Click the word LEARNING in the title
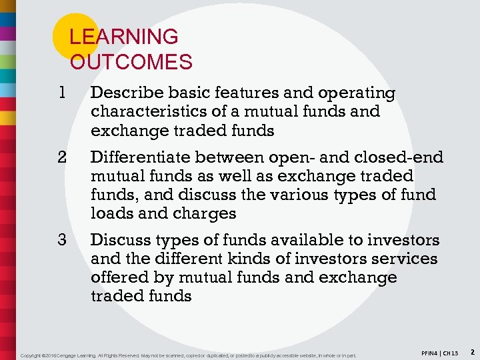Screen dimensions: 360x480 point(124,37)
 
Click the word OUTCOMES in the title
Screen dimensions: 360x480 point(131,63)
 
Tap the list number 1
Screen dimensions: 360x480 point(62,93)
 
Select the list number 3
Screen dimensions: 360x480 point(62,240)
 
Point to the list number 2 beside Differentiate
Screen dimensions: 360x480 point(62,157)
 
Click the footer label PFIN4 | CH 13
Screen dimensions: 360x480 point(440,351)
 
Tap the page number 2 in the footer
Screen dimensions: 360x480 point(471,351)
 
